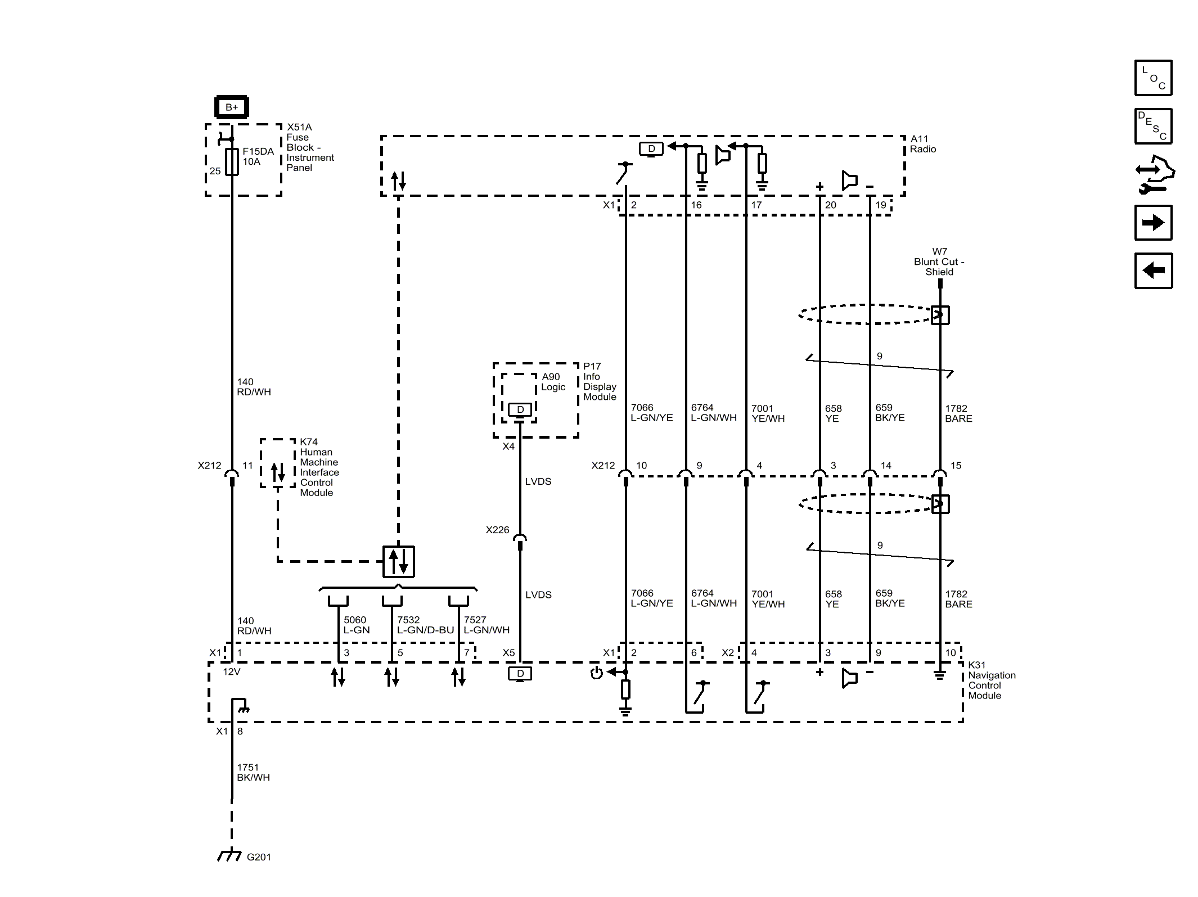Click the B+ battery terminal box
[231, 107]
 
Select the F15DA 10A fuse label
[258, 156]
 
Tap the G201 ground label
[259, 857]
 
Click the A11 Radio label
[923, 144]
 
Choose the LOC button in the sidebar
[1153, 78]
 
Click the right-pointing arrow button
[1153, 223]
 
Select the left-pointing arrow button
[1153, 271]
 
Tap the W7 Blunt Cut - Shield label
[939, 262]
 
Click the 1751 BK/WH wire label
[253, 772]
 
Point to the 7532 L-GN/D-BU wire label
[425, 625]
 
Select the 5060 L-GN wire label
[357, 625]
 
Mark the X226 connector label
[497, 530]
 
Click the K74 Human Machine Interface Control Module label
[318, 467]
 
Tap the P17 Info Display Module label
[600, 381]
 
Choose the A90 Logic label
[553, 382]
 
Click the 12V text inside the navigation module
[231, 671]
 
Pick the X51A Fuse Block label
[309, 147]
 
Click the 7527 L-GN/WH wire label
[487, 625]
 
